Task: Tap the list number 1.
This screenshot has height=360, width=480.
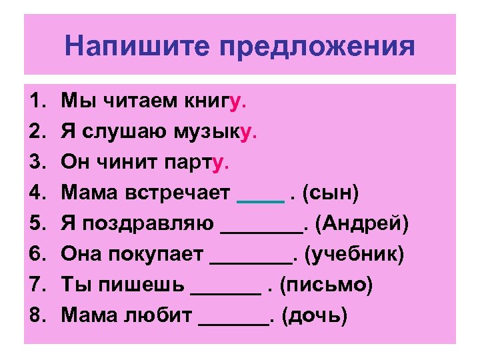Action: click(37, 101)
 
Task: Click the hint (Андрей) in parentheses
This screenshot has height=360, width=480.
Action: click(363, 224)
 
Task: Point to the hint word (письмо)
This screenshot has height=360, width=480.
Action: click(327, 285)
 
